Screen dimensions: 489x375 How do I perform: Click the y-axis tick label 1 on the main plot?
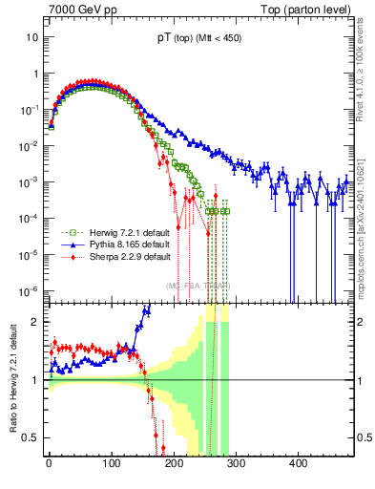point(34,74)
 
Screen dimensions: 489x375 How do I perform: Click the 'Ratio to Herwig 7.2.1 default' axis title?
point(11,378)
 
